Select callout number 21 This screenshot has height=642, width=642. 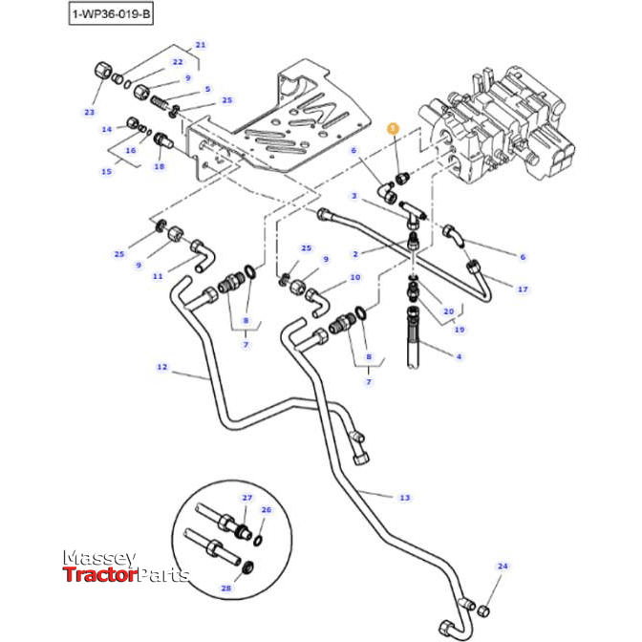(201, 45)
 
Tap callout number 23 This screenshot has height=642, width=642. (90, 112)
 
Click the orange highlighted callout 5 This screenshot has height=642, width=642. (391, 127)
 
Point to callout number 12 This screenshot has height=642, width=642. (162, 366)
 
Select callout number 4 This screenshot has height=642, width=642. (460, 356)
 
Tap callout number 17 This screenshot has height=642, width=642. (523, 289)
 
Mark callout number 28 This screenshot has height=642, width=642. (226, 588)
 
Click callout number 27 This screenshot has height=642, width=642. (246, 499)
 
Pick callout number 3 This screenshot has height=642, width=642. (353, 196)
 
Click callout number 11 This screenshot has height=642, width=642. (158, 276)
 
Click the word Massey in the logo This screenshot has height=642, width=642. (100, 557)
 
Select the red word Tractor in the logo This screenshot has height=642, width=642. (99, 574)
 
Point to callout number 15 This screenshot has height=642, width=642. (107, 172)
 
